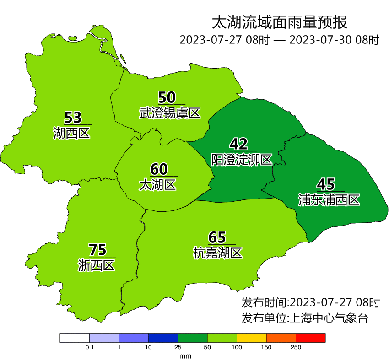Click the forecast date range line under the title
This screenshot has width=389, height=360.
279,40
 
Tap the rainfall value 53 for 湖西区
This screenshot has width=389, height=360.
73,118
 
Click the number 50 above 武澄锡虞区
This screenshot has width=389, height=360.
167,97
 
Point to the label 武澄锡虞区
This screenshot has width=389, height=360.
170,113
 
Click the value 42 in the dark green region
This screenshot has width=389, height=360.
238,144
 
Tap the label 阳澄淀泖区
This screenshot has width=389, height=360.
242,160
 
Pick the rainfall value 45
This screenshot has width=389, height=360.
326,184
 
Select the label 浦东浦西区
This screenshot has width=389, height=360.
329,200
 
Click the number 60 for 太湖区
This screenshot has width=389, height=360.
159,169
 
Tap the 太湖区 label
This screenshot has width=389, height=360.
157,185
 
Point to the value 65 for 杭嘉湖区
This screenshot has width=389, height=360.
217,237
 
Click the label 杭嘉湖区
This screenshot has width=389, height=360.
217,253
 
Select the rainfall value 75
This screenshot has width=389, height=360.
97,250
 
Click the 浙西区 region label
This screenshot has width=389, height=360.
96,265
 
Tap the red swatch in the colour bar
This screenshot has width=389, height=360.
310,338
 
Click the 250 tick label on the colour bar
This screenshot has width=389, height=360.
296,348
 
